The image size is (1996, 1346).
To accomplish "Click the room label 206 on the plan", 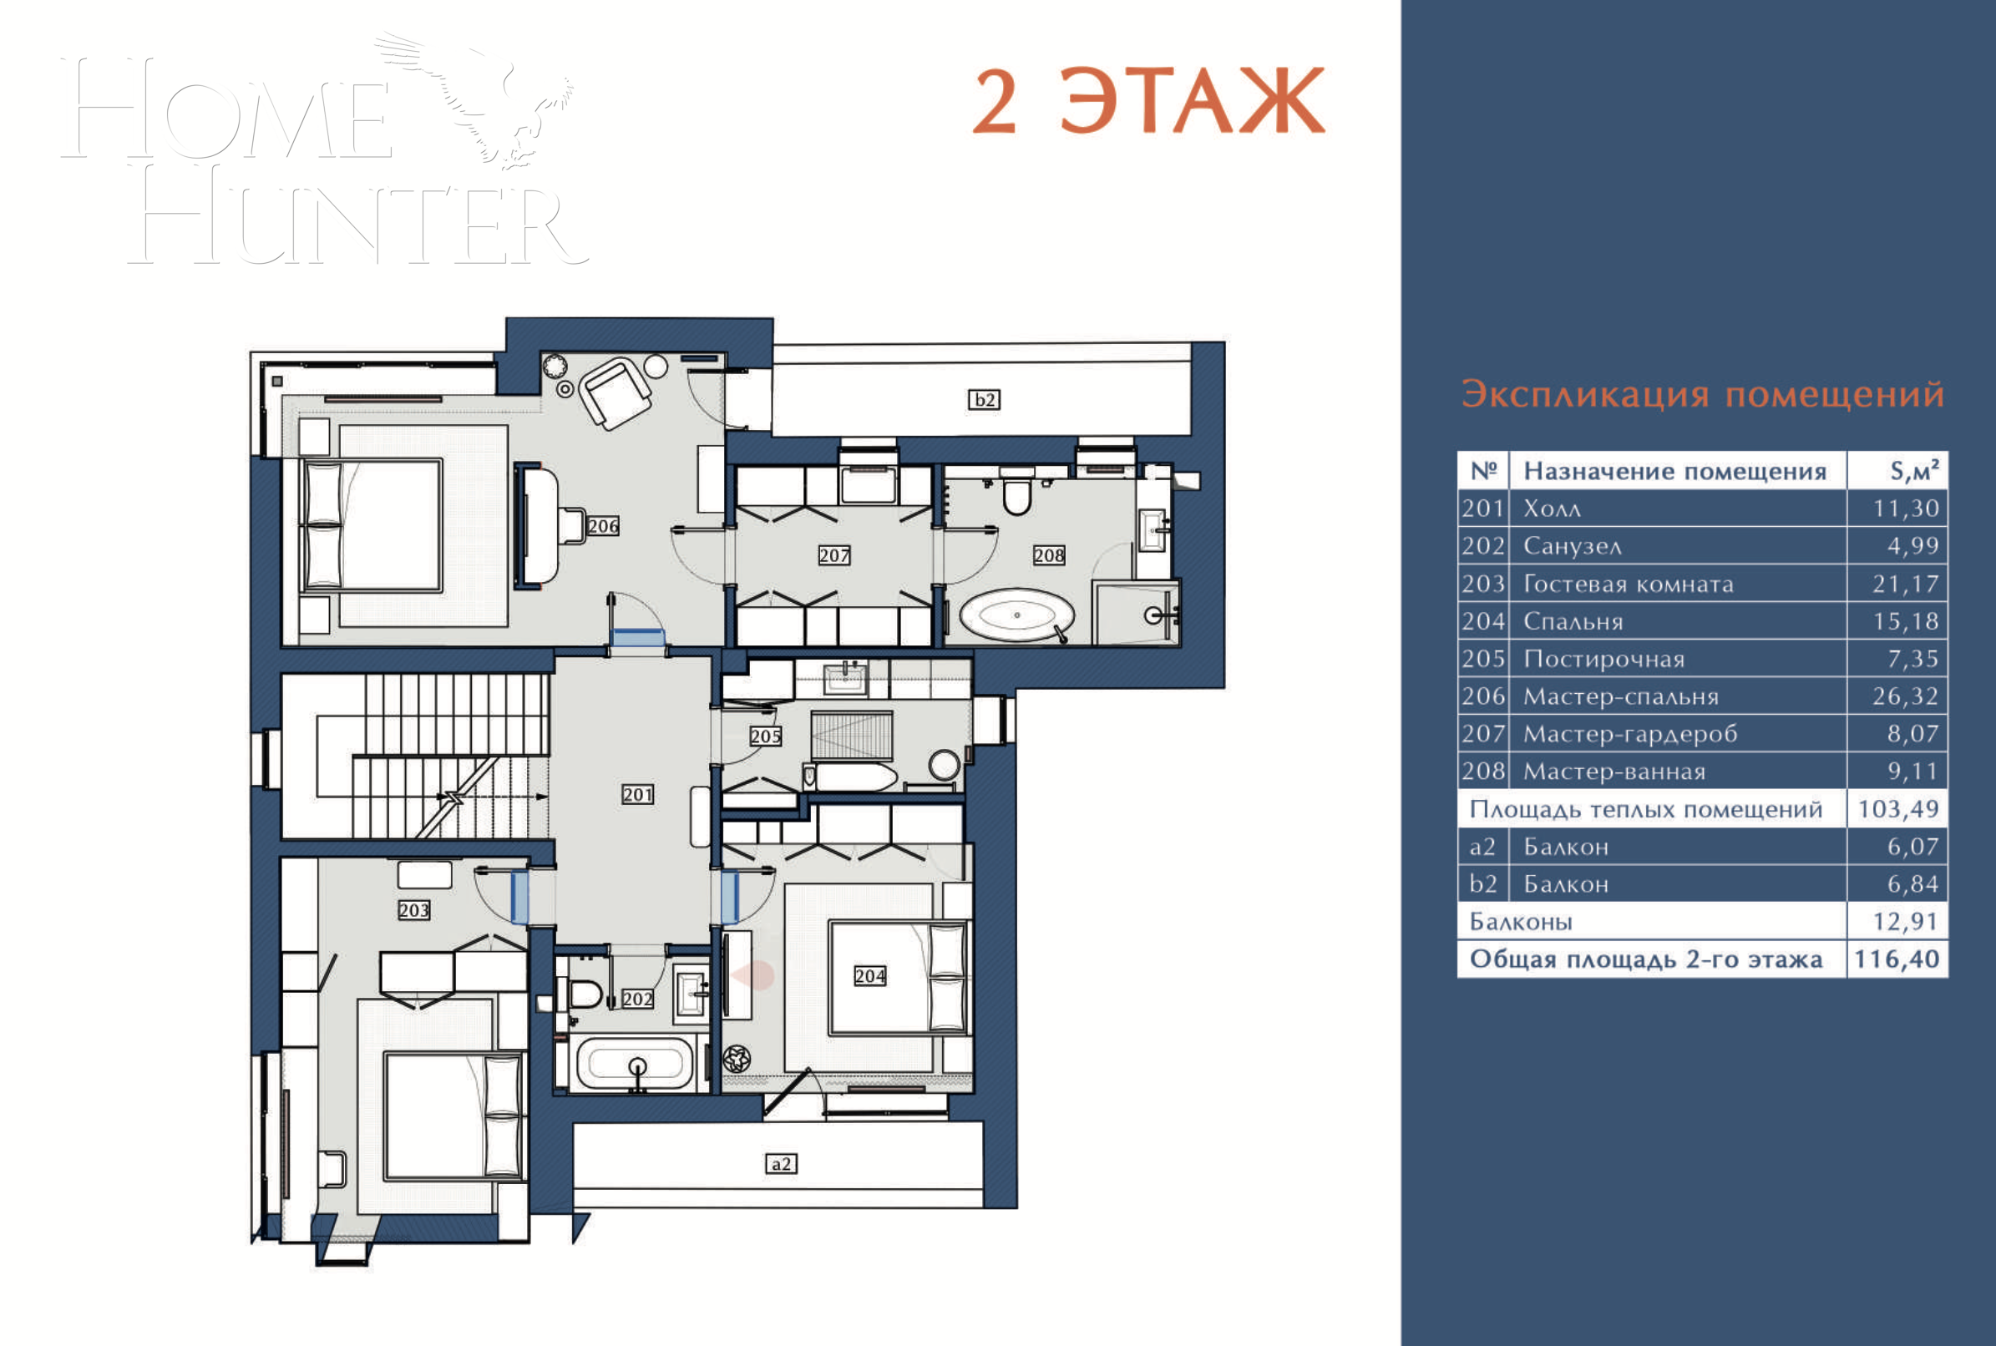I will point(603,526).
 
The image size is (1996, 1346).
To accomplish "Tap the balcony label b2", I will point(984,399).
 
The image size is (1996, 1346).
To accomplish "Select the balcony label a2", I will point(780,1164).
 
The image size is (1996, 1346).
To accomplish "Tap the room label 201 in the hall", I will point(637,795).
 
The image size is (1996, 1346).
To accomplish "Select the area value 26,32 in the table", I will point(1905,696).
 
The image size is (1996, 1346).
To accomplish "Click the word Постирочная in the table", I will point(1603,660).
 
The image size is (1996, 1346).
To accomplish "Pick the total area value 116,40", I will point(1897,959).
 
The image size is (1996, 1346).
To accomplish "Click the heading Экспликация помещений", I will point(1702,394).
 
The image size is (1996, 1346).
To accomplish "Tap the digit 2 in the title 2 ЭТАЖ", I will point(995,103).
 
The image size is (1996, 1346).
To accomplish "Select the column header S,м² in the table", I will point(1913,470).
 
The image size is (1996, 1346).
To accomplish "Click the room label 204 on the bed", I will point(869,976).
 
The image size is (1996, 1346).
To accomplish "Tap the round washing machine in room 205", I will point(945,764).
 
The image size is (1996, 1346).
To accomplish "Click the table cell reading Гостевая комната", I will point(1628,584).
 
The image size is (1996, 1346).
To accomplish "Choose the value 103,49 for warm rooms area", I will point(1898,808).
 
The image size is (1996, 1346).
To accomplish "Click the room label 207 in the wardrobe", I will point(833,555).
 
